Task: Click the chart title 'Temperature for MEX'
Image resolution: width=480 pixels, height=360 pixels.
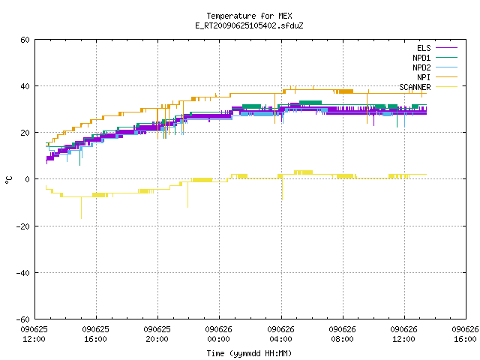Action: tap(249, 16)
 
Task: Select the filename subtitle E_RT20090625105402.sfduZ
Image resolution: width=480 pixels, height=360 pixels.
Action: tap(249, 25)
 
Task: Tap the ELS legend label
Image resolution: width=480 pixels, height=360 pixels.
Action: tap(424, 48)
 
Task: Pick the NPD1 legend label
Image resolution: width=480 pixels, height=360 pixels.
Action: tap(421, 58)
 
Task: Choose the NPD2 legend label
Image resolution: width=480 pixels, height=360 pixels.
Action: tap(421, 67)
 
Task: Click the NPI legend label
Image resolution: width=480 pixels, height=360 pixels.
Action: tap(424, 77)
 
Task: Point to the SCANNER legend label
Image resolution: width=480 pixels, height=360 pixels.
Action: tap(415, 87)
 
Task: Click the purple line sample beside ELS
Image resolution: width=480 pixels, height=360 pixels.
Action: tap(446, 48)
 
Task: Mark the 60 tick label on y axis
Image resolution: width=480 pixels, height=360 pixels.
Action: tap(25, 40)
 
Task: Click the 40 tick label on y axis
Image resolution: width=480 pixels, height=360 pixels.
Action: tap(25, 86)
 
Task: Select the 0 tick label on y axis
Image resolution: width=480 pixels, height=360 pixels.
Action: tap(27, 179)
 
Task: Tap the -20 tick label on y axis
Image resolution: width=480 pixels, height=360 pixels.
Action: tap(23, 226)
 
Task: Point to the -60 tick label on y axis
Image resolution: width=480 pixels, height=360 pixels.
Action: tap(23, 319)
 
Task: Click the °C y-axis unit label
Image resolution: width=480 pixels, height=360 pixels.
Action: tap(8, 180)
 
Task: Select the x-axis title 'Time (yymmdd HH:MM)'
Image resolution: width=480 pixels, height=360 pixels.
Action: tap(249, 353)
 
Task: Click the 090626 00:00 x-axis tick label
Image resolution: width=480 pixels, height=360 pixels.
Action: tap(218, 334)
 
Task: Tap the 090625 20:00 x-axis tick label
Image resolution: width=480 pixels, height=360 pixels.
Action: tap(157, 334)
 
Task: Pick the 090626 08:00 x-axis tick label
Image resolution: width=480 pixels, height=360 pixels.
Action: tap(342, 334)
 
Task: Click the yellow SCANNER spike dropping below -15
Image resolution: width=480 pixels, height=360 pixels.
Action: tap(81, 208)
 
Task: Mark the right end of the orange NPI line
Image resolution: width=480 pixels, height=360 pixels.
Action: tap(427, 93)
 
